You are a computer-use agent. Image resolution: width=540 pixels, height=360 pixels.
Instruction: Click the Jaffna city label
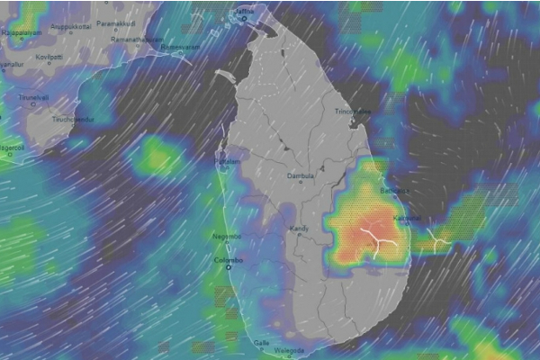click(243, 10)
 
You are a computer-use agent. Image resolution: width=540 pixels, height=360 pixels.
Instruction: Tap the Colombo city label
click(229, 259)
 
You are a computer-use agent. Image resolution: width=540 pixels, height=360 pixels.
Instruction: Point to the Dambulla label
click(301, 176)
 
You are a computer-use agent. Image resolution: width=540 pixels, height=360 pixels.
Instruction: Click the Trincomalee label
click(353, 111)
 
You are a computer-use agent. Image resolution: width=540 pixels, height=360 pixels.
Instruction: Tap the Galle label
click(261, 342)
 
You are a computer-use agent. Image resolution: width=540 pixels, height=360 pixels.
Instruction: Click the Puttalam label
click(229, 161)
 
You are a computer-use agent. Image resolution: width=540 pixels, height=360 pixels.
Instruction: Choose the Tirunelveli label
click(33, 96)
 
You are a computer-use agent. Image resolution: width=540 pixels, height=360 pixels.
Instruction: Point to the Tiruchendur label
click(73, 118)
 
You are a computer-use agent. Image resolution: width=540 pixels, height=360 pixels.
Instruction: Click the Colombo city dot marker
click(229, 268)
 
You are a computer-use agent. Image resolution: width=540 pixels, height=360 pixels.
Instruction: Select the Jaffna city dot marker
click(243, 19)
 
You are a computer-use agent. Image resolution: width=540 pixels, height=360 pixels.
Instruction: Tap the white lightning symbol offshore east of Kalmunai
click(438, 239)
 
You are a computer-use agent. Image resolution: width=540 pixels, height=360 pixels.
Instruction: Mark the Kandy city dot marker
click(299, 238)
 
